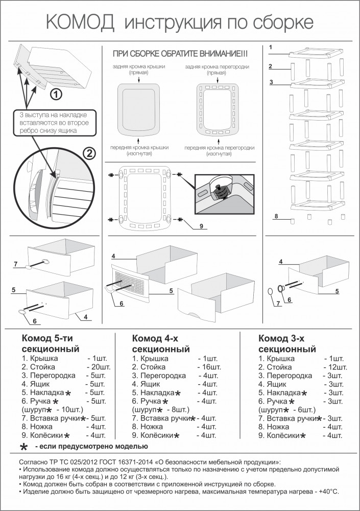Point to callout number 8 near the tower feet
[x=276, y=217]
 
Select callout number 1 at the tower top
[x=271, y=48]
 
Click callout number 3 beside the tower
[x=272, y=82]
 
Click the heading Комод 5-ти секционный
[x=51, y=344]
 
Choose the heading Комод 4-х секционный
[x=161, y=344]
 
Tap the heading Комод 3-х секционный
[x=287, y=344]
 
